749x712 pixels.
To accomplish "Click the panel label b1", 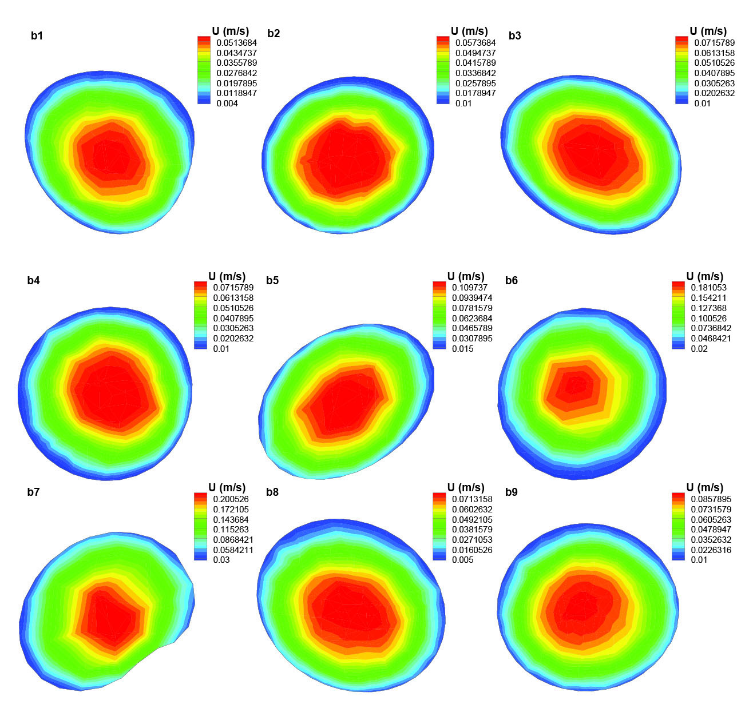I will (37, 35).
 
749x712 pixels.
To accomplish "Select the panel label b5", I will (272, 281).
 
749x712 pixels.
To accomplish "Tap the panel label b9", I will (512, 492).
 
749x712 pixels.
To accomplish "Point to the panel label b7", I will (33, 492).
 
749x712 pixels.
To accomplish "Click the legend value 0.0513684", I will (236, 42).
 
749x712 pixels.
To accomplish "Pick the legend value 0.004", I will (227, 104).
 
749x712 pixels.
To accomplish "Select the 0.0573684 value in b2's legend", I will (475, 42).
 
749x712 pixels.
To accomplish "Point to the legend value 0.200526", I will (230, 499).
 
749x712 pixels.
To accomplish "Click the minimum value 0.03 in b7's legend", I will (221, 560).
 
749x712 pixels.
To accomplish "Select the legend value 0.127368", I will (708, 308).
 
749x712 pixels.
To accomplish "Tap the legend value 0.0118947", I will (236, 93).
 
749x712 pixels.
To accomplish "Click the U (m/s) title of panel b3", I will (708, 31).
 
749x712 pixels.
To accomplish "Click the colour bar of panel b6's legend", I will (677, 315).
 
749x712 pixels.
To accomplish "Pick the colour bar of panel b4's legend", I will (200, 315).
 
